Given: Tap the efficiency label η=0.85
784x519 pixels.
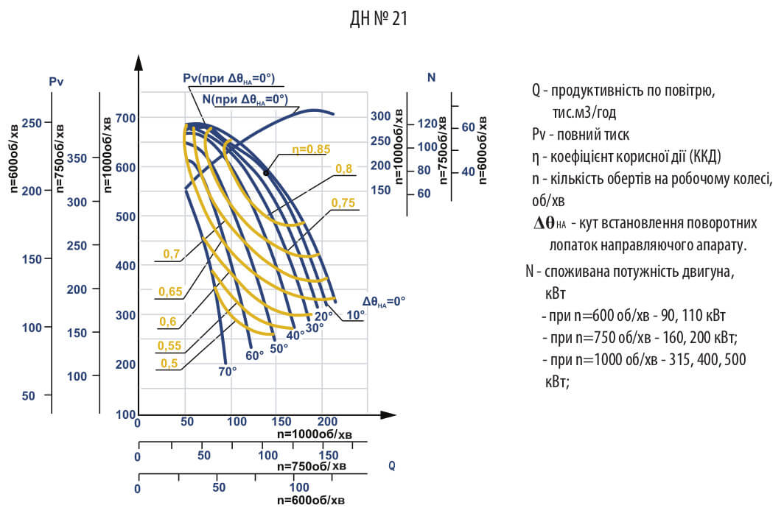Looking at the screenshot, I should click(310, 149).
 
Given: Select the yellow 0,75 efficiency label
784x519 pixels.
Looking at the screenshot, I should click(343, 202).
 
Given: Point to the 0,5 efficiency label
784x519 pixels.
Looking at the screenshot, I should click(169, 362).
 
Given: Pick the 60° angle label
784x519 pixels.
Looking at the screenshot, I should click(254, 356).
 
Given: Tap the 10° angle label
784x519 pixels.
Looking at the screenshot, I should click(356, 314).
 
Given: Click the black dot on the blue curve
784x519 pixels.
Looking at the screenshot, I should click(265, 172).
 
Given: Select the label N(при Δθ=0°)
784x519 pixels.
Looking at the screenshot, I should click(244, 99).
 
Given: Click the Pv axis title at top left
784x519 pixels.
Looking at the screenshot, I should click(57, 82).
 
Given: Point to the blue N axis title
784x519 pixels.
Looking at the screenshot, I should click(431, 77).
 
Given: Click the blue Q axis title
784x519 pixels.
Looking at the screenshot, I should click(391, 465).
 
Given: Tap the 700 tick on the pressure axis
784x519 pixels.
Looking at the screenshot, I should click(126, 118).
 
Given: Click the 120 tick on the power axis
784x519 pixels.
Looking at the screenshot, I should click(427, 124).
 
